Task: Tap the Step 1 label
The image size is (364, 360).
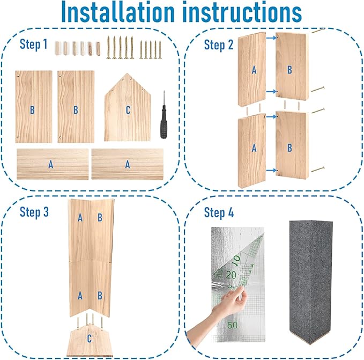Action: (34, 44)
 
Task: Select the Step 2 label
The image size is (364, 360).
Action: (218, 45)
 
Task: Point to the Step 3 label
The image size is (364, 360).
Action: (34, 212)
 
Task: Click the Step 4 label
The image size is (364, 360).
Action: (219, 212)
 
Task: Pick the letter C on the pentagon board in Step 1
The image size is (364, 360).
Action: (128, 110)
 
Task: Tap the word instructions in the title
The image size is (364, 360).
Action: (242, 12)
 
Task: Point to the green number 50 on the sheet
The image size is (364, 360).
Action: (233, 325)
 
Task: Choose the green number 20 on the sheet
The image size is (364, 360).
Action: (231, 275)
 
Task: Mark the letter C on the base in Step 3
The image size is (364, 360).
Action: (90, 339)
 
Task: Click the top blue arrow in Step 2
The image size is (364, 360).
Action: (271, 38)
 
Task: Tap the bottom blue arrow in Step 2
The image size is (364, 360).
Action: (271, 171)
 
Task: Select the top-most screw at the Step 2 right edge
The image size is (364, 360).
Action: (318, 31)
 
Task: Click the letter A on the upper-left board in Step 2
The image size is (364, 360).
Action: (254, 70)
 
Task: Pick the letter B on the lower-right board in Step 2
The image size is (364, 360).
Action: (289, 148)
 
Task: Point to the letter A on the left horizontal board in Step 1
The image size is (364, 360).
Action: (51, 165)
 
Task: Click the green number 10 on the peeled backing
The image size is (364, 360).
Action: (236, 261)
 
